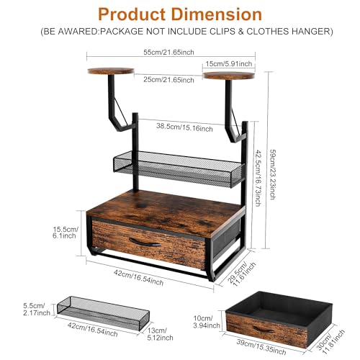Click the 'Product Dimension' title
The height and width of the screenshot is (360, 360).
tap(180, 14)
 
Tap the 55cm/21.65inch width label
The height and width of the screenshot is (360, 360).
tap(168, 52)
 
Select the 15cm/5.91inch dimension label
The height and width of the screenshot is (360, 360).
tap(229, 64)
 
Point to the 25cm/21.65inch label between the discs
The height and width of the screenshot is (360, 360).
tap(168, 79)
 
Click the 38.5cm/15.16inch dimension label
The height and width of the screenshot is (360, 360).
tap(184, 127)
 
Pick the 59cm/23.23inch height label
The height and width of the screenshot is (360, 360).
tap(273, 174)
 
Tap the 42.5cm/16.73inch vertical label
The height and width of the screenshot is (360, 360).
tap(258, 178)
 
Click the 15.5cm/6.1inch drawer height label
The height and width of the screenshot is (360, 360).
tap(65, 232)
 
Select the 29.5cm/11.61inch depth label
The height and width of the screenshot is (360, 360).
tap(241, 274)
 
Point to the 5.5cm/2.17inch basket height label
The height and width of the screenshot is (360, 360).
tap(37, 309)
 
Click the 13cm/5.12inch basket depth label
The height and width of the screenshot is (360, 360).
tap(160, 334)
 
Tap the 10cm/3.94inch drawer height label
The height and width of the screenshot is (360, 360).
tap(207, 322)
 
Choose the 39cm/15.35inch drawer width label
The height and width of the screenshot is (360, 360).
tap(261, 347)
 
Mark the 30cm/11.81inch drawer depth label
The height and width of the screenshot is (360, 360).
tap(330, 341)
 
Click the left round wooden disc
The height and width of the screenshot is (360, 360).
tap(111, 71)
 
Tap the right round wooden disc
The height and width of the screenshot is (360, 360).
tap(229, 76)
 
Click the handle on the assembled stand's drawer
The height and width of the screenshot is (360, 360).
tap(145, 243)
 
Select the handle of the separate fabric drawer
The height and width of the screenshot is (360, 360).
tap(264, 330)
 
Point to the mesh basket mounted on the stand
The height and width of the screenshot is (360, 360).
tap(178, 168)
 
